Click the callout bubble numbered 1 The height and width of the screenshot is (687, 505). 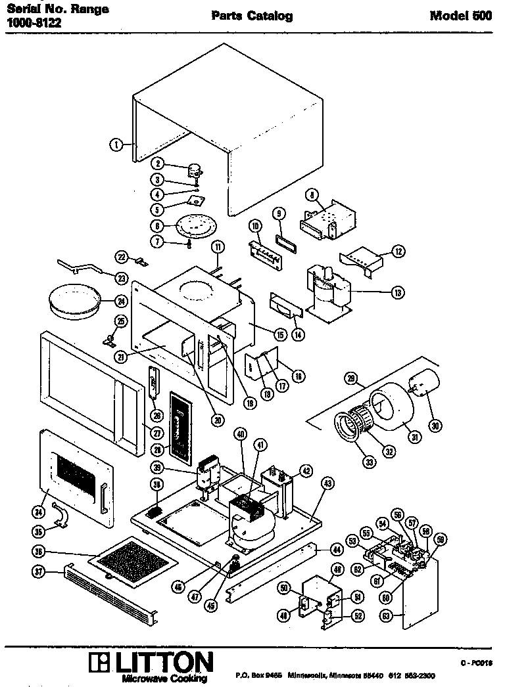tap(115, 144)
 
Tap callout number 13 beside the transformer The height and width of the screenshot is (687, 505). tap(397, 293)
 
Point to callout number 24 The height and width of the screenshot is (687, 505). tap(120, 301)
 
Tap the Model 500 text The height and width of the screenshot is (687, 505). tap(460, 16)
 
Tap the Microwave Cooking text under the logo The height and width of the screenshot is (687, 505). tap(160, 679)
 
